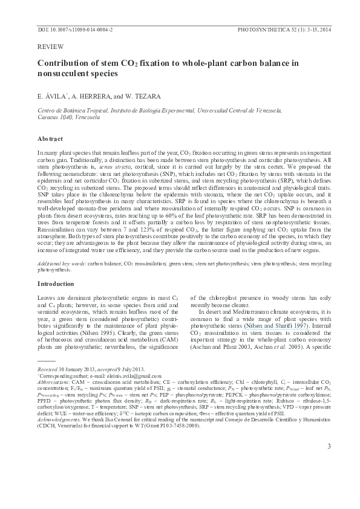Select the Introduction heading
[x=56, y=284]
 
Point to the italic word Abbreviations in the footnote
[x=53, y=383]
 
